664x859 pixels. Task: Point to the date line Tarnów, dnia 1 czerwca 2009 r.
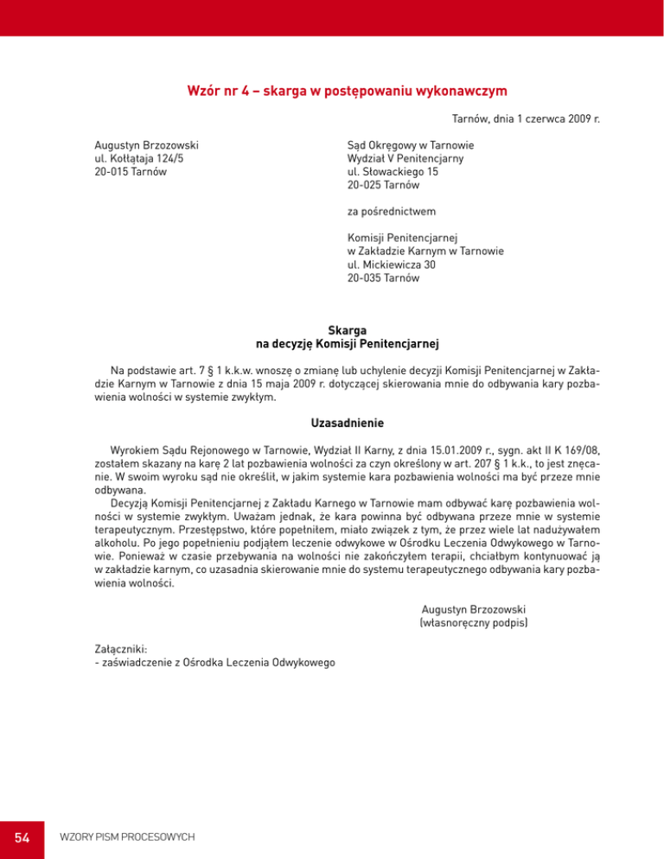tap(527, 118)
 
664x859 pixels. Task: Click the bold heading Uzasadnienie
tap(346, 423)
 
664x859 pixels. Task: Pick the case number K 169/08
tap(576, 450)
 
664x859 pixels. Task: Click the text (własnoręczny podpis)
tap(474, 621)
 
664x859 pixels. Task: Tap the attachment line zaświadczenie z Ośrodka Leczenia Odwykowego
tap(218, 663)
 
